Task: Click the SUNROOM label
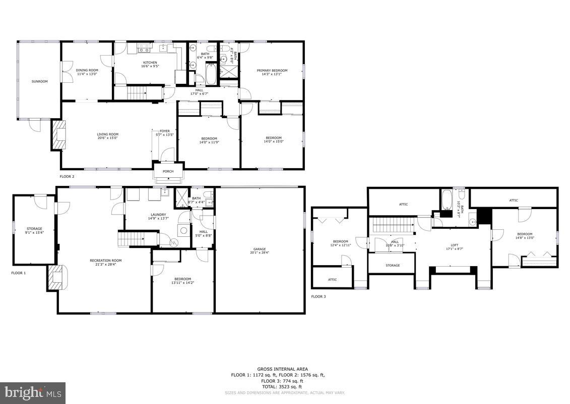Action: [39, 81]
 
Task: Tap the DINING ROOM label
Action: [87, 70]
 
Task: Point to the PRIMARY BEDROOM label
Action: [272, 71]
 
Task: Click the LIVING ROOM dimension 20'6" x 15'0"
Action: [108, 138]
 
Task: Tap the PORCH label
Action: [168, 171]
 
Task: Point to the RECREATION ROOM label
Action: [106, 261]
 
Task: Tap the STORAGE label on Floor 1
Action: [34, 229]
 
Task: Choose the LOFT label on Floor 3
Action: [454, 245]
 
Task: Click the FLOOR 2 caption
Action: [67, 177]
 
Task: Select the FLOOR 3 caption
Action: [319, 296]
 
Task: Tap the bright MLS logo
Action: [33, 392]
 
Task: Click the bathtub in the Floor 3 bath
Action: [446, 201]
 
